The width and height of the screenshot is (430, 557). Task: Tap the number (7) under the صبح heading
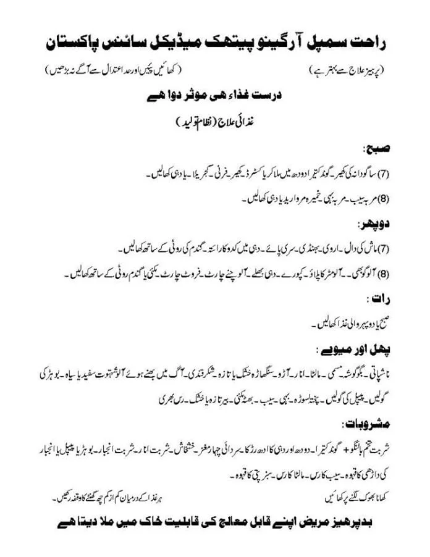pos(384,174)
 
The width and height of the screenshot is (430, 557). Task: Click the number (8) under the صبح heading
pos(384,199)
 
